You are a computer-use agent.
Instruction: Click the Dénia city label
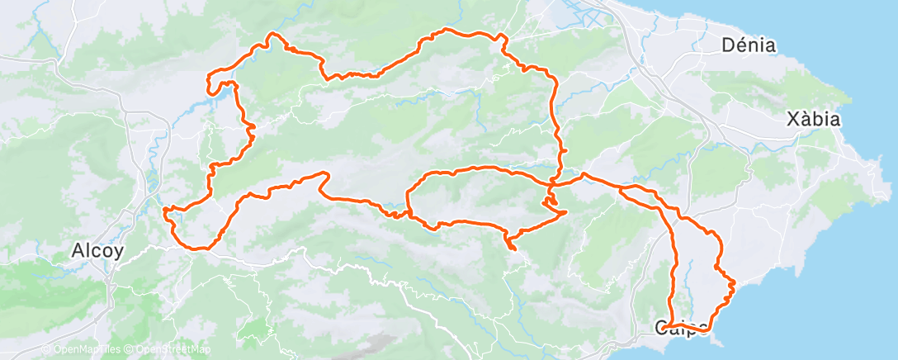749,45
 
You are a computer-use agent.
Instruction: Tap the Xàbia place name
813,120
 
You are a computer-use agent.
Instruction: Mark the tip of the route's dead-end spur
511,247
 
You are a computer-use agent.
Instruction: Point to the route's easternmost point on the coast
734,285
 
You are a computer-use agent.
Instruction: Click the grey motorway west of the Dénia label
652,74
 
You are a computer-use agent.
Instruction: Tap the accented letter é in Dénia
739,45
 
